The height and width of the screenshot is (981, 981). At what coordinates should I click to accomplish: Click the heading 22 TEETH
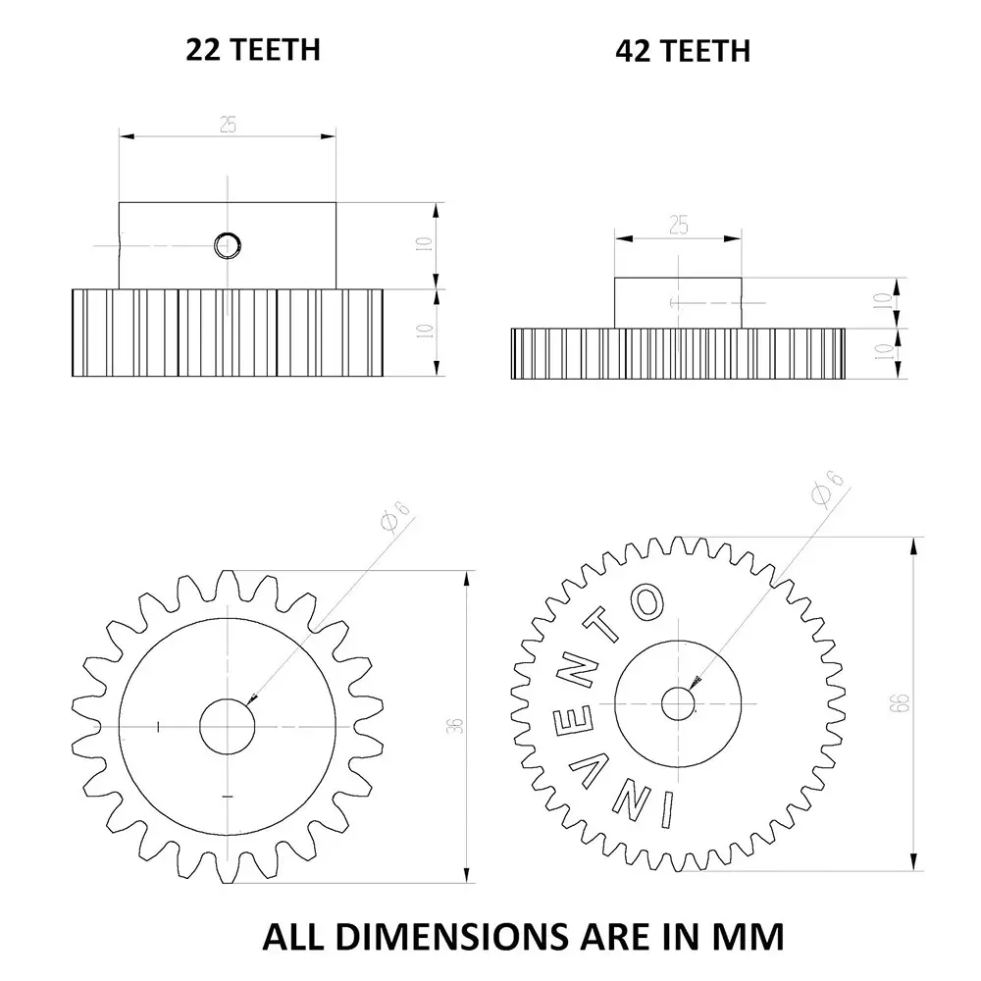[253, 49]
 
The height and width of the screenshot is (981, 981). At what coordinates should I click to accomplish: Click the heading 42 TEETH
[683, 50]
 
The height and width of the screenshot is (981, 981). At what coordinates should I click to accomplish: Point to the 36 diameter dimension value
[454, 726]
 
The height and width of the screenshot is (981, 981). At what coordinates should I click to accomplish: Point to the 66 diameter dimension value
[902, 702]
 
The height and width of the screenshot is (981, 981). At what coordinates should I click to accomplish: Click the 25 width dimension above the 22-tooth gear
[228, 125]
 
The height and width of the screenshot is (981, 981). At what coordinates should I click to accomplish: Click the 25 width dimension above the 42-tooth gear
[678, 225]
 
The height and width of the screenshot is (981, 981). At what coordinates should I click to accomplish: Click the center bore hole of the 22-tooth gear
[228, 727]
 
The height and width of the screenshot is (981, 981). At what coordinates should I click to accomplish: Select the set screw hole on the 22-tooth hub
[228, 244]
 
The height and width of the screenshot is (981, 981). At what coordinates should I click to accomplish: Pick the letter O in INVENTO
[646, 603]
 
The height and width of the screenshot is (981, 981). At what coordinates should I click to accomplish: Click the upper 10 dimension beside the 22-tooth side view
[424, 245]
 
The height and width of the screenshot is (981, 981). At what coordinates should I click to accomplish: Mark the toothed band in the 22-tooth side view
[228, 333]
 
